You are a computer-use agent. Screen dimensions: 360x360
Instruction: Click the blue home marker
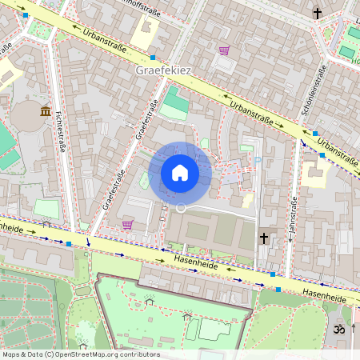[x=180, y=172]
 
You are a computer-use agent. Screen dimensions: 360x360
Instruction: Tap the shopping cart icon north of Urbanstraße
[x=224, y=50]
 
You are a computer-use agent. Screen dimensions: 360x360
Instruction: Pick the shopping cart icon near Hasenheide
[x=127, y=225]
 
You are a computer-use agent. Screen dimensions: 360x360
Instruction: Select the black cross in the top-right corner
[x=317, y=14]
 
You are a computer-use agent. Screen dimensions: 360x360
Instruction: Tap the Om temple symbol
[x=338, y=328]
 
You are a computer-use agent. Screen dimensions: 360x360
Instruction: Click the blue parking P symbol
[x=258, y=160]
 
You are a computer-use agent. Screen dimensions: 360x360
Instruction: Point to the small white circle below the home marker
[x=181, y=208]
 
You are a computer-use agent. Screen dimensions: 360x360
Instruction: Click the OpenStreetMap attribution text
[x=80, y=354]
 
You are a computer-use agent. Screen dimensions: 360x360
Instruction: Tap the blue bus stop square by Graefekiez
[x=152, y=58]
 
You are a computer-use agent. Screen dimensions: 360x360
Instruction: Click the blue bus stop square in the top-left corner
[x=26, y=15]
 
